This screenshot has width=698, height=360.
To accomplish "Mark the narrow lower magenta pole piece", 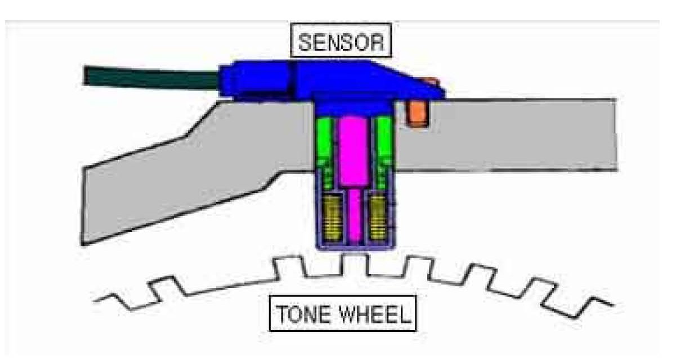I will (355, 217).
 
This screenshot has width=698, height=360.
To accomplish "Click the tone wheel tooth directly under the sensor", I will (355, 262).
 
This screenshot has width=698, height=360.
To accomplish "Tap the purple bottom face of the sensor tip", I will (355, 245).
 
